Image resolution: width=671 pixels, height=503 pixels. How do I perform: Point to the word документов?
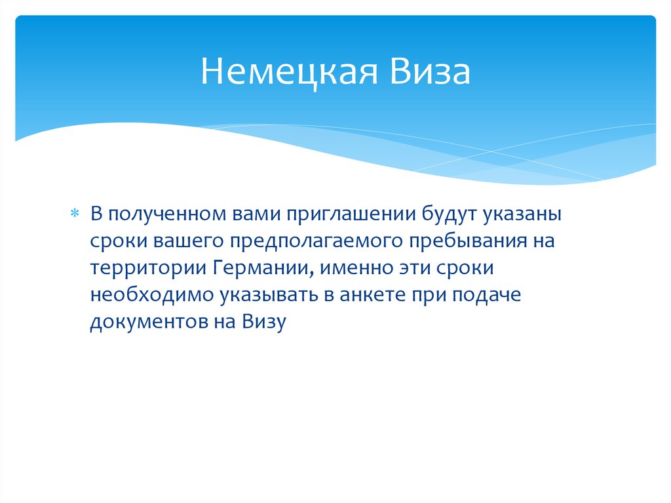[x=140, y=322]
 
